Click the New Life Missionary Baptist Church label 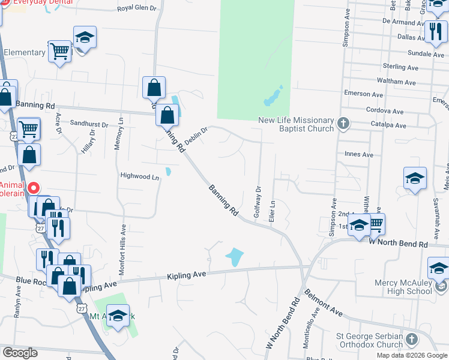point(295,124)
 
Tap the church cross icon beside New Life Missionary point(343,124)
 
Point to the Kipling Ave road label point(187,274)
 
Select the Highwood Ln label point(140,177)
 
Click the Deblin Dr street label point(196,136)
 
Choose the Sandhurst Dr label point(88,124)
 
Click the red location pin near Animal point(35,188)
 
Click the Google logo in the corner point(20,353)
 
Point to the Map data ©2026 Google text point(412,355)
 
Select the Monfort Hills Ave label point(122,250)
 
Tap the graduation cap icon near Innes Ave point(415,179)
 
